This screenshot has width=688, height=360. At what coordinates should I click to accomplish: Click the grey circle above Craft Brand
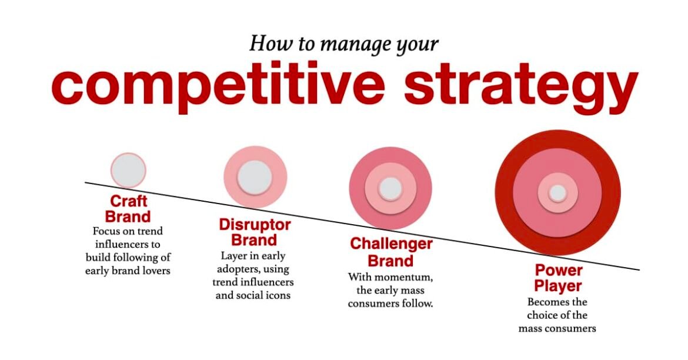coord(128,171)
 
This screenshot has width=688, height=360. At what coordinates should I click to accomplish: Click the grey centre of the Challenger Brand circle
coord(390,189)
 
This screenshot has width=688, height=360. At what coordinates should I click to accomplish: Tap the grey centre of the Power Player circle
coord(557,193)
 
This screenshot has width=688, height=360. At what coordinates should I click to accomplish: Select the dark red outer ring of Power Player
coord(504,193)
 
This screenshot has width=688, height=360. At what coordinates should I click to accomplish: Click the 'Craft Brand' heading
coord(128,209)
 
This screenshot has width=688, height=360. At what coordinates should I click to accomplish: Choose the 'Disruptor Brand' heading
coord(255,233)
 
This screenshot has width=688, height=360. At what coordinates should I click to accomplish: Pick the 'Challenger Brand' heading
coord(391,252)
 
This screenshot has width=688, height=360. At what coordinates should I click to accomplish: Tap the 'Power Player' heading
coord(558,278)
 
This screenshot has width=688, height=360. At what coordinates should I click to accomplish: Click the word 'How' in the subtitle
coord(265,44)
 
